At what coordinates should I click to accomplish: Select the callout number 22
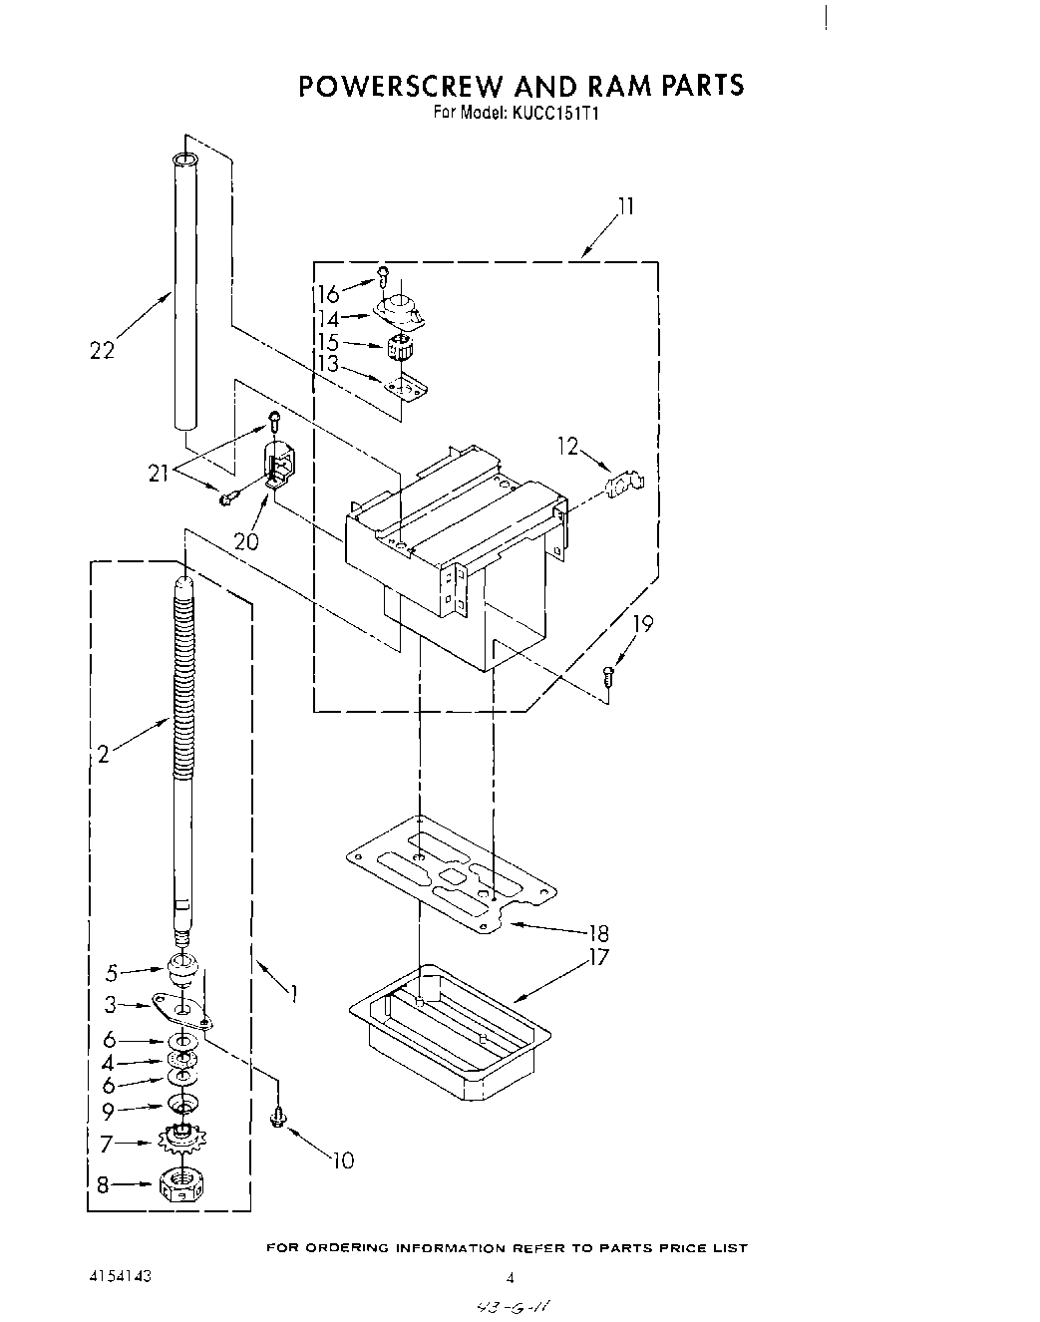pos(102,350)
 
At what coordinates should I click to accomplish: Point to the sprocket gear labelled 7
pos(181,1137)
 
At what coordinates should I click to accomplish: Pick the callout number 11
pos(626,207)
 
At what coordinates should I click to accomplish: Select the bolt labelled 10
pos(278,1118)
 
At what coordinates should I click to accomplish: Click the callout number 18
pos(599,934)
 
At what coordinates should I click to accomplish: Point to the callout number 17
pos(599,958)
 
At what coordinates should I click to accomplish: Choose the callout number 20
pos(245,541)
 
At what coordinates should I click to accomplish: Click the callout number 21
pos(158,474)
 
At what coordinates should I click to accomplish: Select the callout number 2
pos(103,755)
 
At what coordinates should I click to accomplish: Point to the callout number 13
pos(329,365)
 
